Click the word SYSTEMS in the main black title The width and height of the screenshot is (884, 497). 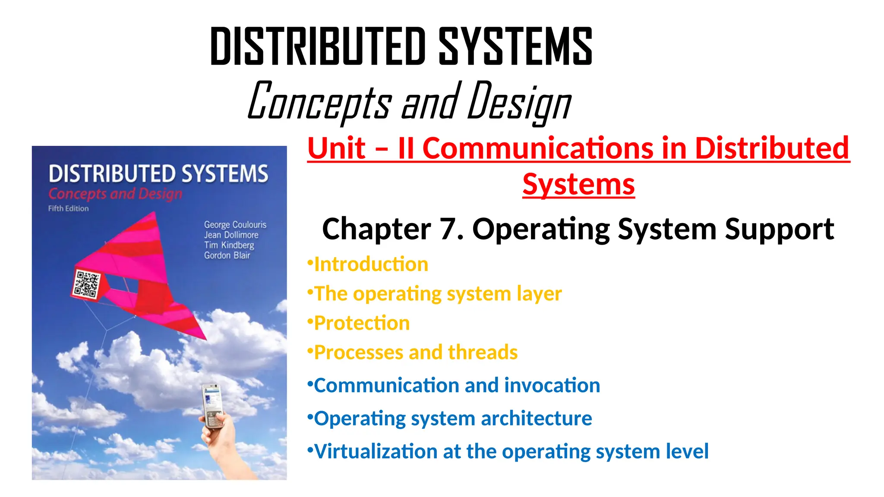tap(515, 46)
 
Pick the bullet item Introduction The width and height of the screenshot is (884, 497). tap(371, 264)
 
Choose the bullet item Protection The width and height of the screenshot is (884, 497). tap(362, 323)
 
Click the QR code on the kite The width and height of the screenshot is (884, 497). tap(86, 284)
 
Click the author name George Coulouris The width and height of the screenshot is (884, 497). tap(235, 225)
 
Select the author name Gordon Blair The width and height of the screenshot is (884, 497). tap(227, 255)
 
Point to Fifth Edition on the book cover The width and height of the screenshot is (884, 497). tap(68, 209)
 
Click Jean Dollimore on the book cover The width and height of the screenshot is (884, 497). tap(231, 235)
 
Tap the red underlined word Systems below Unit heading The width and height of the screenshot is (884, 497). tap(578, 185)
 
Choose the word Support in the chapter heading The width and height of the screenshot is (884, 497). tap(779, 229)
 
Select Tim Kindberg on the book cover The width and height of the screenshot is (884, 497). tap(229, 245)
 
